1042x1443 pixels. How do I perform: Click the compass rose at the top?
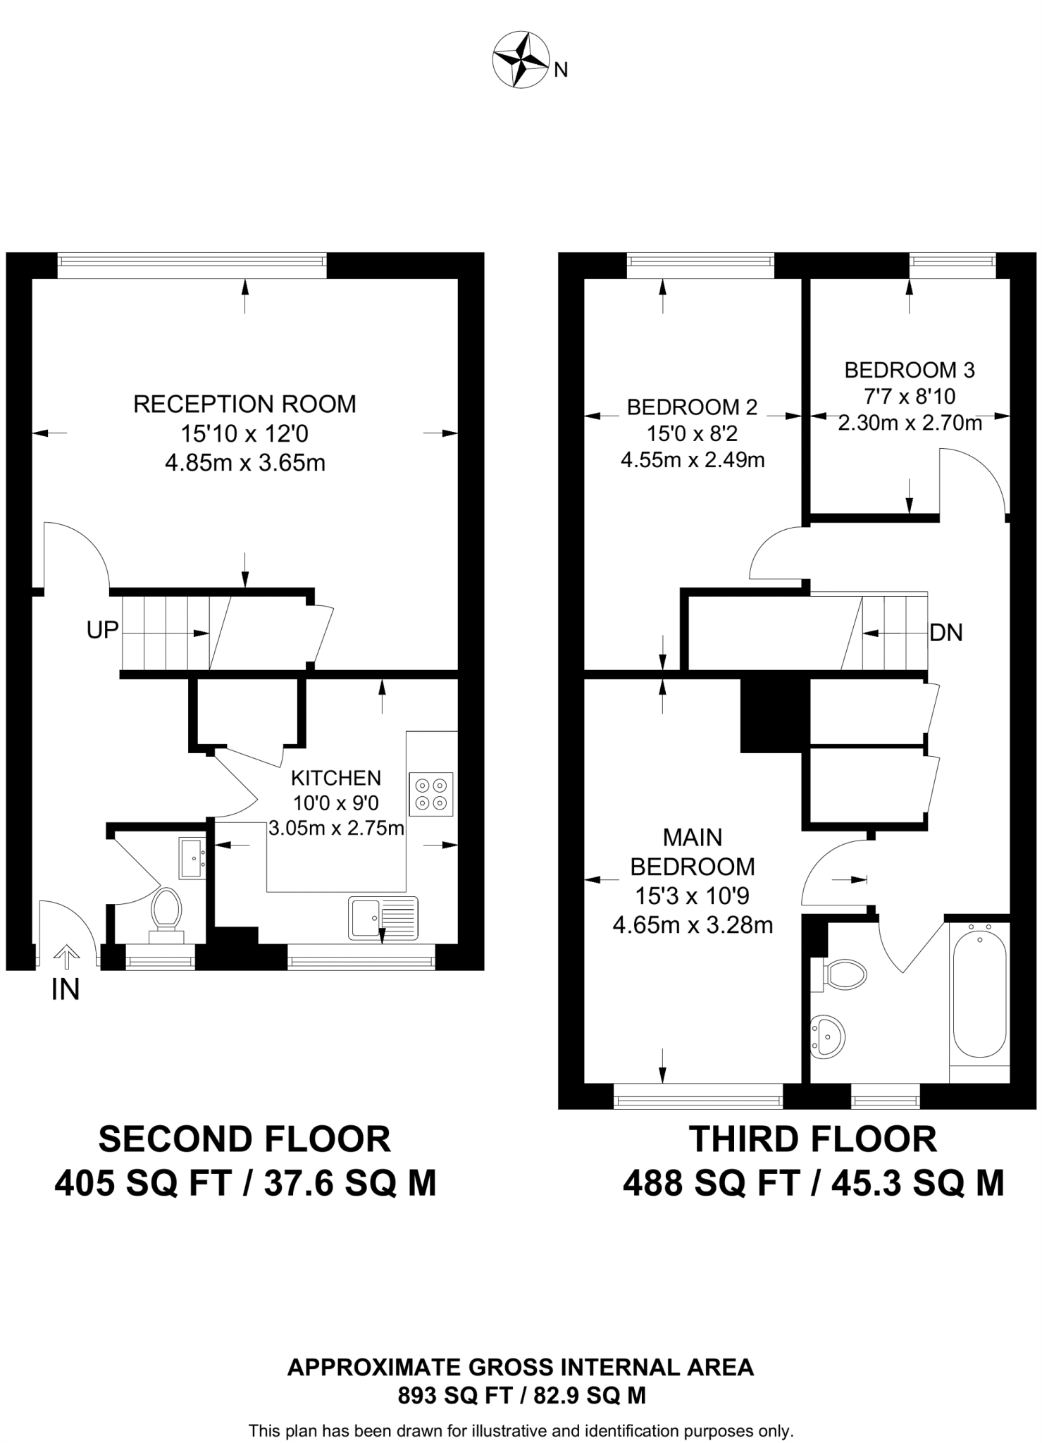[521, 61]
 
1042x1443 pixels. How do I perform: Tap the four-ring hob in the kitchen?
[430, 794]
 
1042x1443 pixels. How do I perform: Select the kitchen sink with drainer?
[383, 918]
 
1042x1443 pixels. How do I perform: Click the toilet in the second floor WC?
[166, 910]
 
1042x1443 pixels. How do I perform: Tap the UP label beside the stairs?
[102, 630]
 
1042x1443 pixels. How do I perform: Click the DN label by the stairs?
[946, 633]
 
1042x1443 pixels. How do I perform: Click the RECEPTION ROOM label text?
[244, 404]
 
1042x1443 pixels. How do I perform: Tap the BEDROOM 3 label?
[910, 369]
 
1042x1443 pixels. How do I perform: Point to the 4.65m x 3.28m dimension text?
[693, 925]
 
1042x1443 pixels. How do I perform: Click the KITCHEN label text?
[336, 778]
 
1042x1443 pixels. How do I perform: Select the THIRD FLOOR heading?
[813, 1139]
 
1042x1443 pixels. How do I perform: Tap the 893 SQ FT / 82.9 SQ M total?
[521, 1395]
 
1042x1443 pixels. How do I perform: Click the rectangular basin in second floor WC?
[192, 857]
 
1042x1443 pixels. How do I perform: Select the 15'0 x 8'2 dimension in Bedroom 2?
[692, 433]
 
